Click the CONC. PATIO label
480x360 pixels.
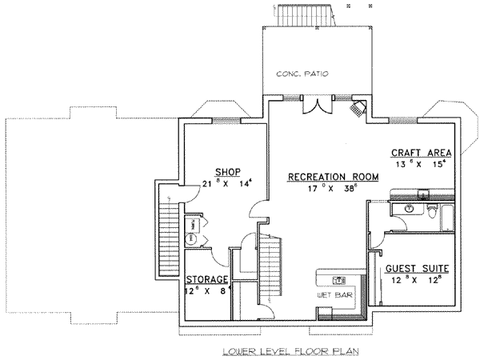tap(302, 74)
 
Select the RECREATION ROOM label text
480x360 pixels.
tap(317, 177)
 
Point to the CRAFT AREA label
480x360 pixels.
tap(421, 153)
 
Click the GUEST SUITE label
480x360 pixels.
tap(416, 268)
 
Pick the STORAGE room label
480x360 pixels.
tap(208, 279)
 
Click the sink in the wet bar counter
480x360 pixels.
tap(339, 280)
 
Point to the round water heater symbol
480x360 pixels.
tap(192, 238)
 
